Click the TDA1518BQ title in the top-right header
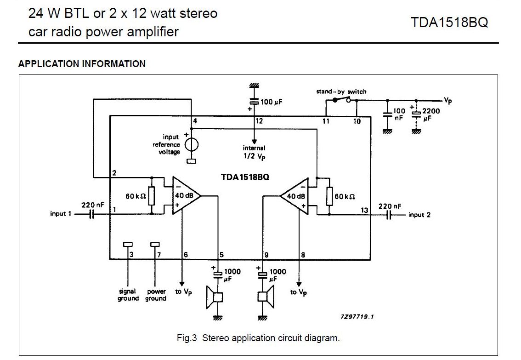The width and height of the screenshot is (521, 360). coord(449,23)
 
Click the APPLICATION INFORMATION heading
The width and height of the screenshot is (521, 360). coord(82,64)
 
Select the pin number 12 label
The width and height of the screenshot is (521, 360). coord(259,121)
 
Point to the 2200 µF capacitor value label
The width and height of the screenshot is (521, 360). coord(431,114)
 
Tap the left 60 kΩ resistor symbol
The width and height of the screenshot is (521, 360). coord(152,196)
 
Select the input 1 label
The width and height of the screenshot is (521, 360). coord(61,214)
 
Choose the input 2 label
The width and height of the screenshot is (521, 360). coord(419,215)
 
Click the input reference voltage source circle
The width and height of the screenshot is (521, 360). coord(192,145)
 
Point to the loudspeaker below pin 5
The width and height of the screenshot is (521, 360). coord(214,297)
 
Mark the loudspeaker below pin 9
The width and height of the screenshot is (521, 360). coord(266,297)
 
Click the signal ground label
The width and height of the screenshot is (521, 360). coord(128,295)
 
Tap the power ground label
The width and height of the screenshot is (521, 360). coord(156,295)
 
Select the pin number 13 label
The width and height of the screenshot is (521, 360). coord(364,211)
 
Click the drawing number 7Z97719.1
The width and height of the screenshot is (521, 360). coord(357,316)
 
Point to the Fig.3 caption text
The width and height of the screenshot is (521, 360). coord(258,338)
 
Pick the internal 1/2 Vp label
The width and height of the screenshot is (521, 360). coord(254,152)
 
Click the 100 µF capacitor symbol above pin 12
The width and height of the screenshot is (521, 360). coord(254,102)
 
